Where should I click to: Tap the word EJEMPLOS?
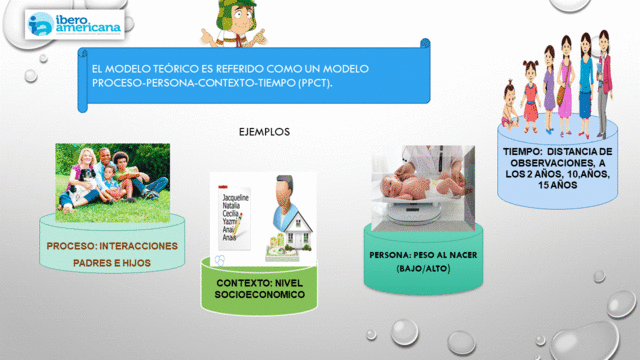(264, 131)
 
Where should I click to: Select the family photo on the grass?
(111, 179)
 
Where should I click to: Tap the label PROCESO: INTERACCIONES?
(112, 246)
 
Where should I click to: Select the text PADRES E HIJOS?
(111, 264)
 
